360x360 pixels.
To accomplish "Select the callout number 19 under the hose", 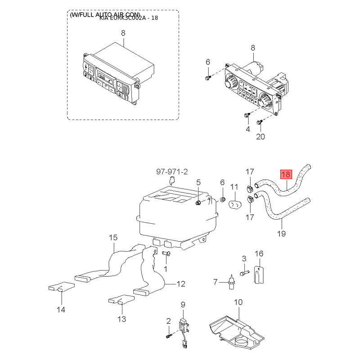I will pos(282,234).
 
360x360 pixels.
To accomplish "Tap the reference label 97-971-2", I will pos(171,171).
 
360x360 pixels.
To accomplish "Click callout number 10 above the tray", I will pos(238,302).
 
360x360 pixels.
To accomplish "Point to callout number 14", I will pos(61,310).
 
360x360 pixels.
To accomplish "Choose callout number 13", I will pos(121,319).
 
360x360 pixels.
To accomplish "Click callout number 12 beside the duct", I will pos(180,284).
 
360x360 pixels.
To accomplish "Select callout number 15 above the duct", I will pos(112,237).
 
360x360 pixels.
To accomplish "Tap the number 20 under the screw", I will pos(261,137).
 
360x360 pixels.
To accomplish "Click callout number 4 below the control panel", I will pos(247,130).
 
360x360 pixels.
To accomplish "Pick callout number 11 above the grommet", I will pos(234,187).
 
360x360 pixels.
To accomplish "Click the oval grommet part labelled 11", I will pos(235,205).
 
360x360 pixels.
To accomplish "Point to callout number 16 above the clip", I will pos(259,254).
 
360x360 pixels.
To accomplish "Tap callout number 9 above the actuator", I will pos(183,305).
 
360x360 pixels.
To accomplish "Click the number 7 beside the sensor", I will pos(216,282).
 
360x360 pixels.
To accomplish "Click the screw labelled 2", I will pos(168,335).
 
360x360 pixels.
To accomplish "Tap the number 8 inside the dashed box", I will pos(123,33).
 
